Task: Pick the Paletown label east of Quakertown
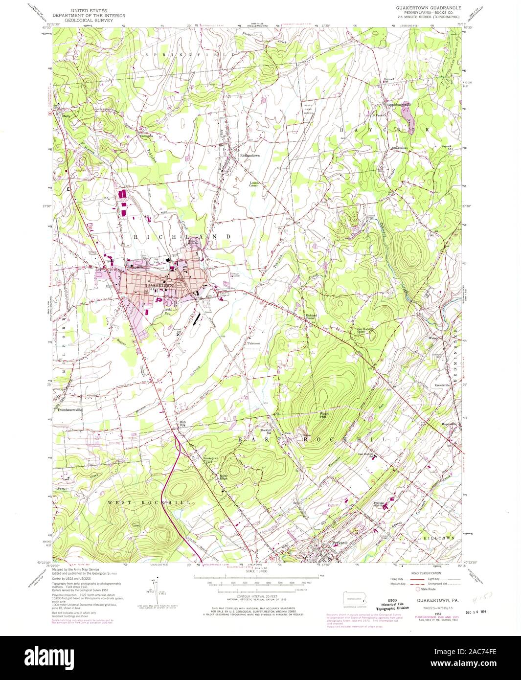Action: (253, 343)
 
